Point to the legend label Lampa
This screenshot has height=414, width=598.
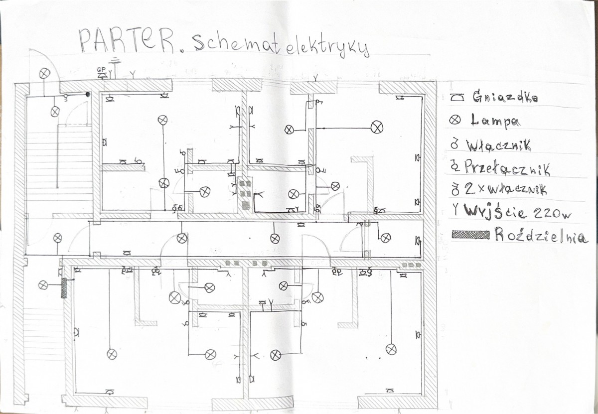(x=495, y=121)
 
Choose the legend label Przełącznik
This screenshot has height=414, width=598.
(x=507, y=168)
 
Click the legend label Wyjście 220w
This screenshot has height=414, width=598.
(x=517, y=212)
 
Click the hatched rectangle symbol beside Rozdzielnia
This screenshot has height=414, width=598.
(x=470, y=235)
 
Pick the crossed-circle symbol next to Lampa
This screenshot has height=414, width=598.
(x=455, y=121)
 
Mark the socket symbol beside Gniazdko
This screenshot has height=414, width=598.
(x=457, y=98)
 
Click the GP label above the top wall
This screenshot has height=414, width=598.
(x=102, y=70)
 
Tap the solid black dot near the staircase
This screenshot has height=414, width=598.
(x=88, y=94)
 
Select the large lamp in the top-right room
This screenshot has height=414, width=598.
(x=377, y=128)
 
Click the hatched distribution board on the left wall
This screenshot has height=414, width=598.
(x=64, y=288)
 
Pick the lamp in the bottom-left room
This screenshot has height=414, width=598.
(x=112, y=354)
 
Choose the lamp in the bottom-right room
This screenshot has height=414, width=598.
(x=391, y=349)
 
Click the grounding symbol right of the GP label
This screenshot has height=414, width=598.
(x=115, y=67)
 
